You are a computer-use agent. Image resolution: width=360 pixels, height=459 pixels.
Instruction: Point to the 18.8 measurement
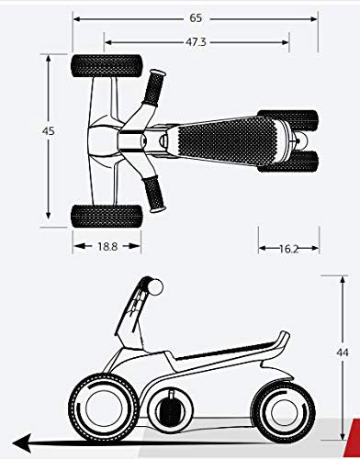(x=107, y=246)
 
